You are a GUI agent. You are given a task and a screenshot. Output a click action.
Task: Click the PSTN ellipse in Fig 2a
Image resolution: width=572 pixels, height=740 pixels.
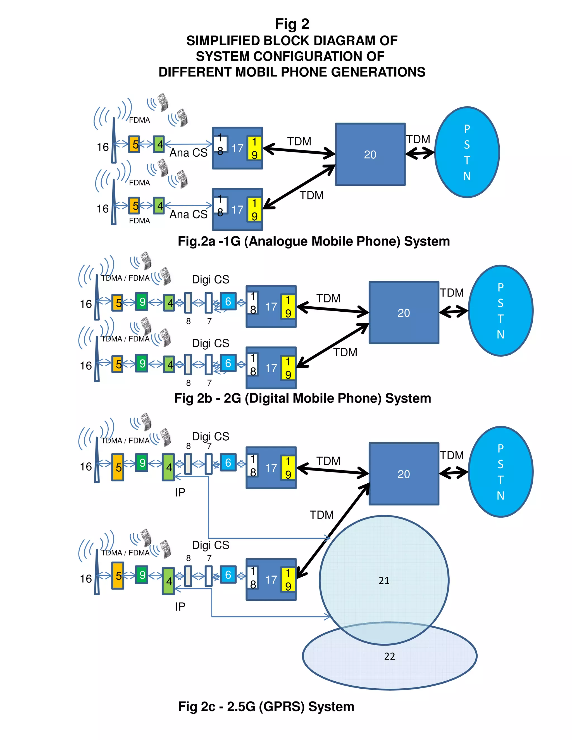tap(467, 152)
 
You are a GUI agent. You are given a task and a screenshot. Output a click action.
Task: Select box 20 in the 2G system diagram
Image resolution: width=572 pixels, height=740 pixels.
tap(404, 312)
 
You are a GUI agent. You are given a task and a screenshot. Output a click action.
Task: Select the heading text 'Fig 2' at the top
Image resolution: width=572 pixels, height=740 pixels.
tap(292, 24)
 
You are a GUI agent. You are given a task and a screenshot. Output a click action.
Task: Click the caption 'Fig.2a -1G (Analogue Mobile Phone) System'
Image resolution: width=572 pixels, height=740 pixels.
tap(313, 241)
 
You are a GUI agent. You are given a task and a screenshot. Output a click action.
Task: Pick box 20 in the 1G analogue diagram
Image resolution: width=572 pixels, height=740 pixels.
tap(370, 154)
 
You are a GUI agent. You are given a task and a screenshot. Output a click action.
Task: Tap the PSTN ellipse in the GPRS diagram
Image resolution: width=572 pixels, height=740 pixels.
tap(500, 472)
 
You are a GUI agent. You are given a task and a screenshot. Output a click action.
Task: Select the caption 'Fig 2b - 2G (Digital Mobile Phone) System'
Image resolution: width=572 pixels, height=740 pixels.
tap(302, 398)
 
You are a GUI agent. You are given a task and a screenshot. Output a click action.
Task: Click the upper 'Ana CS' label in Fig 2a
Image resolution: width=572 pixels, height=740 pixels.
tap(189, 153)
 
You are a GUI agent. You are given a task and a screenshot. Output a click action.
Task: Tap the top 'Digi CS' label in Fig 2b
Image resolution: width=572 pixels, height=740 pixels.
tap(210, 280)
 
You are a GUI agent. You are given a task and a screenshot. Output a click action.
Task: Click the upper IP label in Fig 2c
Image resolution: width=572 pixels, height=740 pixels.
tap(180, 492)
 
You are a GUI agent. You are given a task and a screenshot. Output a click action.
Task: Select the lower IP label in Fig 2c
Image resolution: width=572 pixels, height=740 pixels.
tap(180, 607)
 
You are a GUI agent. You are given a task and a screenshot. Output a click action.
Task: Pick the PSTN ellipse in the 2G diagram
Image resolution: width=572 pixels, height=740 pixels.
tap(500, 310)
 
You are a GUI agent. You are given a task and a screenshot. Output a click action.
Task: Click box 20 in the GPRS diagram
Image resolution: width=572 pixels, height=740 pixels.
tap(404, 474)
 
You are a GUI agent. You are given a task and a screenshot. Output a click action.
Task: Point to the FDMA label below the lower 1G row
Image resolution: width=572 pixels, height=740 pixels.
tap(139, 221)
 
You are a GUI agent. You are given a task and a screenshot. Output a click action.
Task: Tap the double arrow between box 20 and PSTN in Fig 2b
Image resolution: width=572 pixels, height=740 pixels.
tap(453, 311)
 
